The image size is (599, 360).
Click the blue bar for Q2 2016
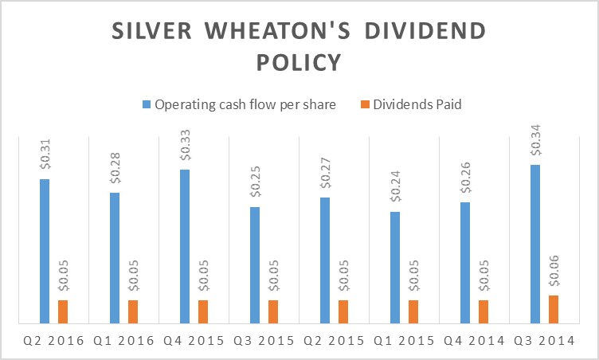coord(45,251)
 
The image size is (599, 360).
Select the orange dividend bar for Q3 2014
coord(553,309)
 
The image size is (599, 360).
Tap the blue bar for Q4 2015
coord(185,246)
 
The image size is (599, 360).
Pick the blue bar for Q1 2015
coord(395,268)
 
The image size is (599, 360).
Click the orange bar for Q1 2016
coord(132,311)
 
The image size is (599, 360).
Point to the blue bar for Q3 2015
coord(255,265)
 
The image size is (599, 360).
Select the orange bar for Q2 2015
coord(343,311)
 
